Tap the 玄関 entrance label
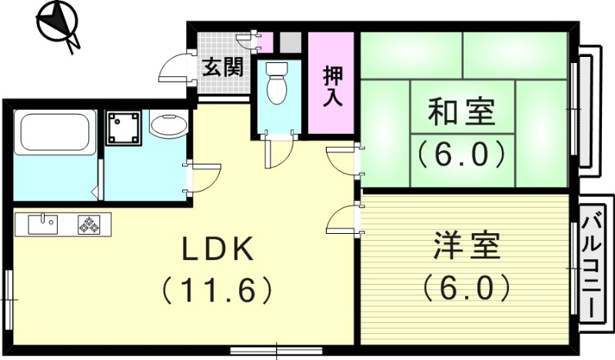pos(223,67)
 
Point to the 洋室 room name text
pos(465,248)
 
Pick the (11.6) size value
pos(217,290)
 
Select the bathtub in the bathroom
pos(55,133)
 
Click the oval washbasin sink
pos(168,125)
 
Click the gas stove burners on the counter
pos(88,225)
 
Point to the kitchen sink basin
pos(42,224)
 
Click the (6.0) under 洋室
pos(466,288)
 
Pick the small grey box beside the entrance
pos(289,41)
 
